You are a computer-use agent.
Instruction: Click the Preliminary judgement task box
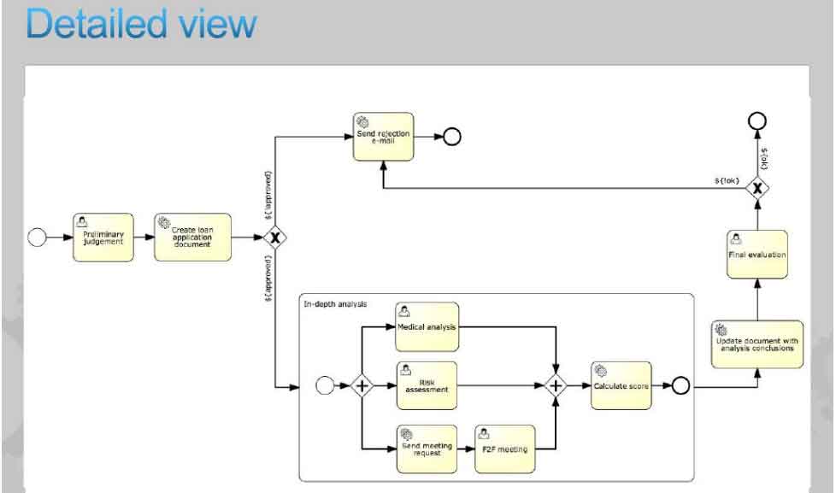click(x=103, y=237)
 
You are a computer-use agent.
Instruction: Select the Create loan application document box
click(x=192, y=237)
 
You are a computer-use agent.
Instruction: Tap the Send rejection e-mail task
click(x=383, y=137)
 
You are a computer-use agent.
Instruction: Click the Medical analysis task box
click(x=427, y=326)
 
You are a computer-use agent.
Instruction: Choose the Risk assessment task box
click(x=427, y=385)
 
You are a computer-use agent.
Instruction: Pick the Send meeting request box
click(x=427, y=449)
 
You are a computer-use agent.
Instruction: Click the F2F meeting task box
click(x=505, y=449)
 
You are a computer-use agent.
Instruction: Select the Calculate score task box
click(x=621, y=385)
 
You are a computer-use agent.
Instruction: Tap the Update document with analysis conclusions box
click(x=757, y=343)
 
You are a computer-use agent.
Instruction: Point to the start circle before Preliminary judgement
click(x=37, y=237)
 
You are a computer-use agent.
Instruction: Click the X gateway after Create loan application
click(x=274, y=238)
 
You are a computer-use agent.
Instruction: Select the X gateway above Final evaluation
click(x=757, y=185)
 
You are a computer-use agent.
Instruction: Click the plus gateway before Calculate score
click(x=556, y=385)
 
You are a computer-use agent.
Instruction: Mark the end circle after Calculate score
click(x=680, y=385)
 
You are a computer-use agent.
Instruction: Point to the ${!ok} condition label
click(x=727, y=180)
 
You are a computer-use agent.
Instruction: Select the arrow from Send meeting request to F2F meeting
click(x=466, y=448)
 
